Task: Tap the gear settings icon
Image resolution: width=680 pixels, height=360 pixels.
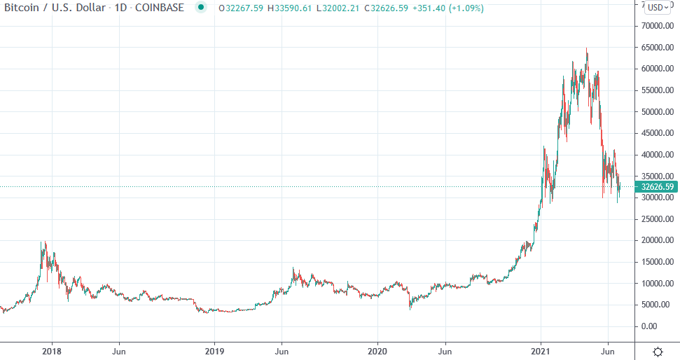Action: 658,351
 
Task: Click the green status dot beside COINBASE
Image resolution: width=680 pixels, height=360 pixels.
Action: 202,8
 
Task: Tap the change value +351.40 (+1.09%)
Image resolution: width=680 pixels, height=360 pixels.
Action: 449,8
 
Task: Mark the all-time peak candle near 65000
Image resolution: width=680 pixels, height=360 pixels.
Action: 586,50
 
